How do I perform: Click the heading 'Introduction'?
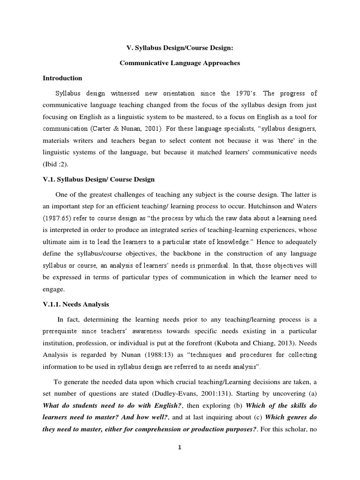(62, 78)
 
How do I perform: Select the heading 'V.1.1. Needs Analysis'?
(76, 304)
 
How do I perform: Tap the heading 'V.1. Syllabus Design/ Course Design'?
(98, 180)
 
